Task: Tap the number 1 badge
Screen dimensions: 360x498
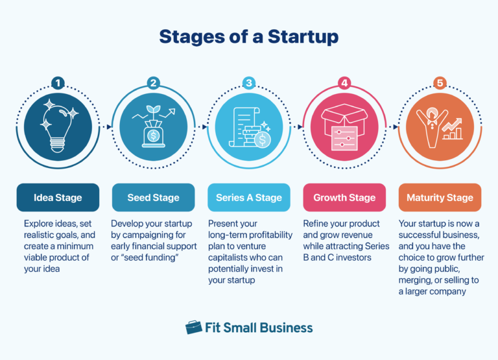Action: coord(58,83)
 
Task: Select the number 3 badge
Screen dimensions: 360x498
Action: coord(248,83)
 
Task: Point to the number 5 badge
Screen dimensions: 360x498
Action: coord(440,83)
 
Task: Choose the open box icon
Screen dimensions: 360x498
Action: coord(344,127)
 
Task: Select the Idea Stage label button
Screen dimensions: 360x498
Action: coord(58,197)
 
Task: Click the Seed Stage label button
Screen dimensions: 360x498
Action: coord(153,197)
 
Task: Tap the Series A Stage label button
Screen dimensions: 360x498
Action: coord(248,197)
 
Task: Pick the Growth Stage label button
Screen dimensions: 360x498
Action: coord(344,197)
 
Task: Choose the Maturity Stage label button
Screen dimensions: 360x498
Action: coord(440,197)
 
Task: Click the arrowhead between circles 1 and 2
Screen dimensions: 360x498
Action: coord(108,126)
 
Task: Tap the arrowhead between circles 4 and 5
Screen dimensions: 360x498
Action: coord(395,126)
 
